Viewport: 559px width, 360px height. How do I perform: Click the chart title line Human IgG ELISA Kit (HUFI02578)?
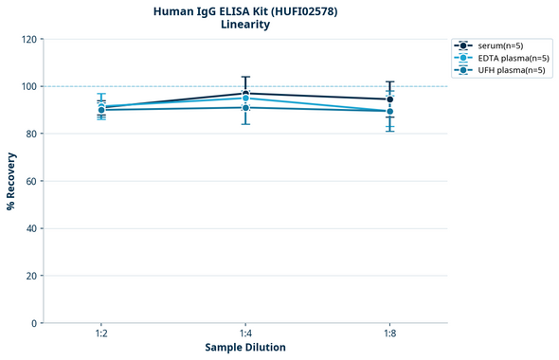(x=245, y=10)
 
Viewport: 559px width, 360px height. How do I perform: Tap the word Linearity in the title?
(x=245, y=25)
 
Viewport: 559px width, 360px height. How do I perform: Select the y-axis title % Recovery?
(x=11, y=181)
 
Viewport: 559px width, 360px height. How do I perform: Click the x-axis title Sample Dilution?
(x=245, y=348)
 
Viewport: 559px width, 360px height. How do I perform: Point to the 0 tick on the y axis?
(x=34, y=323)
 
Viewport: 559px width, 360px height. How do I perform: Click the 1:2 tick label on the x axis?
(x=101, y=334)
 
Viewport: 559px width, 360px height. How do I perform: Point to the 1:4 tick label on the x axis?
(x=245, y=334)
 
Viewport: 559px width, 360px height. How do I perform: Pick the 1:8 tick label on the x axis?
(x=389, y=334)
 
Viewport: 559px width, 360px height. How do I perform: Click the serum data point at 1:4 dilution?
(x=245, y=93)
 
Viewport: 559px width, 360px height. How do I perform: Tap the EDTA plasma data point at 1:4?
(x=245, y=99)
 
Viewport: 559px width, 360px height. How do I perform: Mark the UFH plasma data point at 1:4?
(x=245, y=108)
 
